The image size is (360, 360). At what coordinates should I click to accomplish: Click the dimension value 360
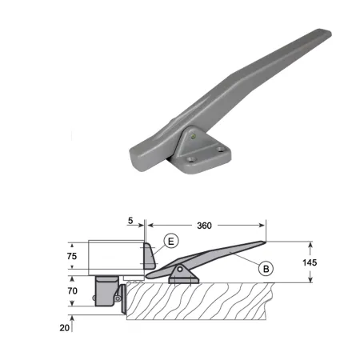(204, 226)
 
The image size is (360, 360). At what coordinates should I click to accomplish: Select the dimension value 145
(310, 262)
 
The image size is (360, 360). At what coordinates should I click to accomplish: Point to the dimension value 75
(72, 256)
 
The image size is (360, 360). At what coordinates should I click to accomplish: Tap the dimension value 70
(72, 290)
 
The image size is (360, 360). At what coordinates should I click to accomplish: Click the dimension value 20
(65, 328)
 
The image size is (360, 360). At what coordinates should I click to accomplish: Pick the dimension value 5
(130, 221)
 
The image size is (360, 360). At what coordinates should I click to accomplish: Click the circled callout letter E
(171, 241)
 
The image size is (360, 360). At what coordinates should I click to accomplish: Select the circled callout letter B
(266, 269)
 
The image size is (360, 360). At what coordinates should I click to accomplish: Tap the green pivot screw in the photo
(194, 137)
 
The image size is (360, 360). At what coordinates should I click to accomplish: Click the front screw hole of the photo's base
(191, 160)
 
